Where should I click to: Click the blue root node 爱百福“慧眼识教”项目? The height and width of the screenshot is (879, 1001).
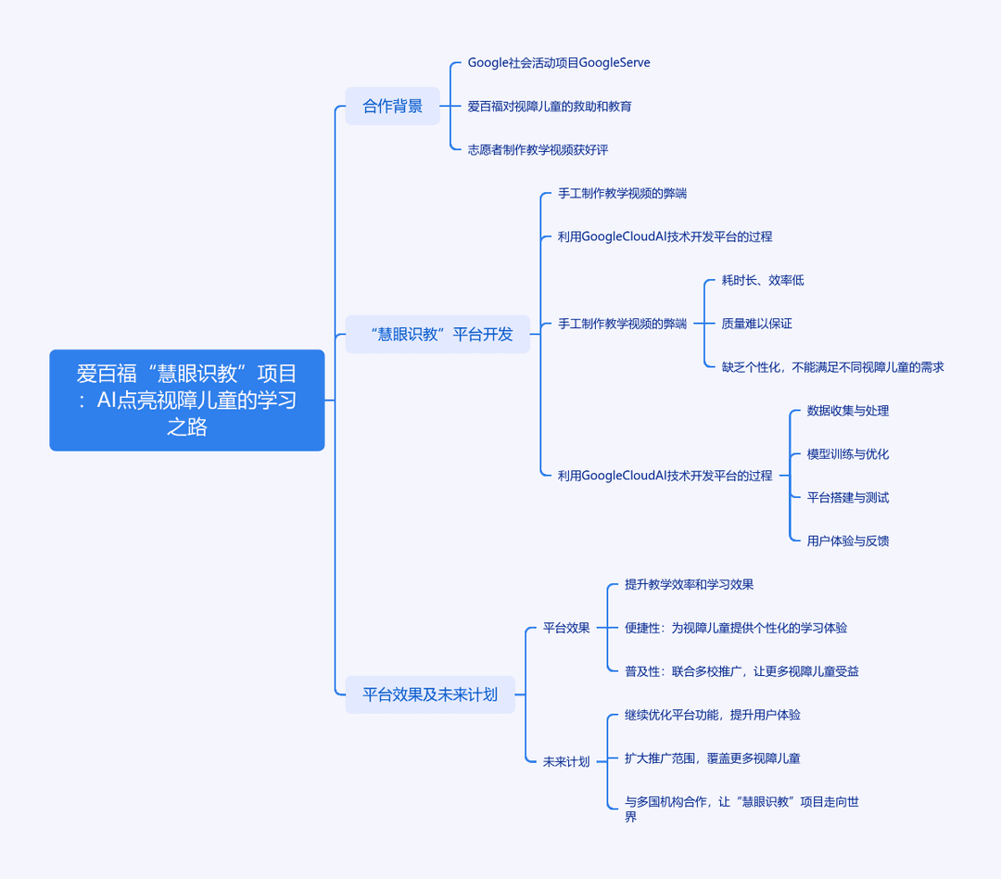[187, 400]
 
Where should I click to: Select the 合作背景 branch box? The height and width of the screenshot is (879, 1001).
[393, 106]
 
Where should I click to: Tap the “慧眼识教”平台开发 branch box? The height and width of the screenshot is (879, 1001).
[437, 334]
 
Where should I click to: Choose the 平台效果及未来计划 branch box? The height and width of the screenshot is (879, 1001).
[430, 694]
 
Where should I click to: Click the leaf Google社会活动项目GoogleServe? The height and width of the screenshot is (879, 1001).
[559, 63]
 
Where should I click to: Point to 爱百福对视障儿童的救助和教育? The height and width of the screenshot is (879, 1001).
[550, 106]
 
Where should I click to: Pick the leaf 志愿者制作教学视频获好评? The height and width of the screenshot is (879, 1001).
[539, 149]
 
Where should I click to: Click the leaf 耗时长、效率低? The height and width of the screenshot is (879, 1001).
[763, 280]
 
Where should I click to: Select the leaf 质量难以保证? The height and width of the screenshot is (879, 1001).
[756, 324]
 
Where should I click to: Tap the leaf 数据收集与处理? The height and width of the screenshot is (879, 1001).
[848, 410]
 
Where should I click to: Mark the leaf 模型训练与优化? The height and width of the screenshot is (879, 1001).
[848, 453]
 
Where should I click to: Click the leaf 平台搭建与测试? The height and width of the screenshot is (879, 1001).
[848, 497]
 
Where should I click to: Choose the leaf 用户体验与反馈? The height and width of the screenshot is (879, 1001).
[848, 541]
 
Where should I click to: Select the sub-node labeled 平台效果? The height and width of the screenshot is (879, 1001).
[566, 628]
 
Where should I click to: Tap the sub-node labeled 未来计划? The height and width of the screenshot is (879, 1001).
[566, 761]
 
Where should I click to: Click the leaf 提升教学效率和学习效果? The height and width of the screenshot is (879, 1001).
[689, 584]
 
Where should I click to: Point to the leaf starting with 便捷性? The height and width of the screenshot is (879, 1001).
[735, 628]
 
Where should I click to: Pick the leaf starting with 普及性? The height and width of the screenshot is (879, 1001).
[741, 670]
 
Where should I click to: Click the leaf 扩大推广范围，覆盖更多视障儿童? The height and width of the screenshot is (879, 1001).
[713, 758]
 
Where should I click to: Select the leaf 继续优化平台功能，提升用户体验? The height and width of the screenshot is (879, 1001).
[713, 714]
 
